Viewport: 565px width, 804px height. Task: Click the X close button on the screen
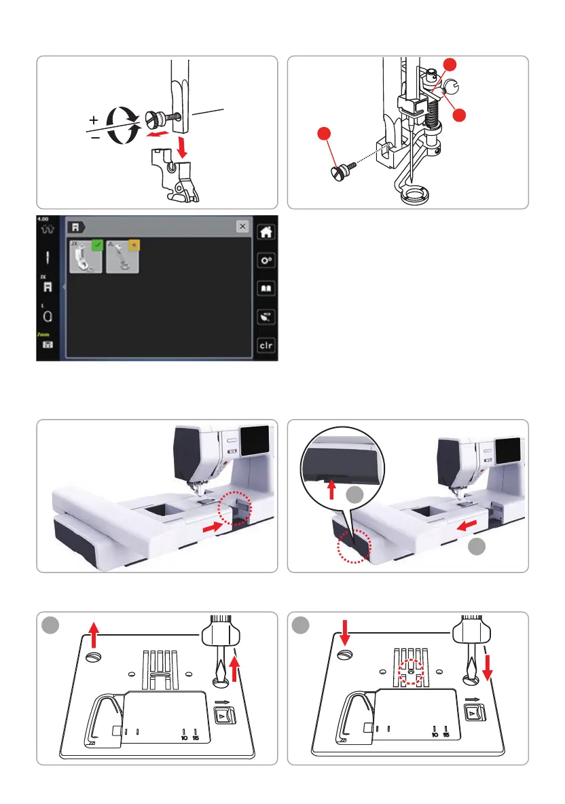coord(242,227)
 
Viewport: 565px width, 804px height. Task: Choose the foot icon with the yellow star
coord(123,255)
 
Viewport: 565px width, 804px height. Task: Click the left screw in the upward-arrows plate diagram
coord(94,657)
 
